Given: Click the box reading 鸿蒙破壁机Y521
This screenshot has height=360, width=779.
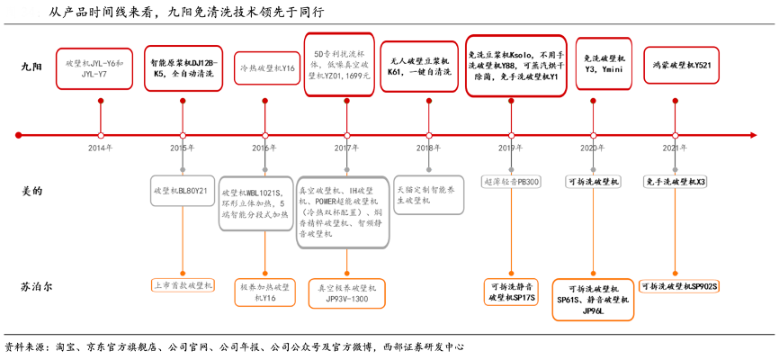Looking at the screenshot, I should click(681, 66).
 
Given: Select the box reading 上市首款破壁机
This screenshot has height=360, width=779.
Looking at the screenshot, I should click(183, 285).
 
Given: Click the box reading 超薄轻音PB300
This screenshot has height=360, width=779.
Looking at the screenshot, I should click(511, 182).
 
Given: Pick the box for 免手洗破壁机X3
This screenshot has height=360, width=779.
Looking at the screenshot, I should click(676, 182).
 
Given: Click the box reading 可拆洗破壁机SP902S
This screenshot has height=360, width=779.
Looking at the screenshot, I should click(679, 286).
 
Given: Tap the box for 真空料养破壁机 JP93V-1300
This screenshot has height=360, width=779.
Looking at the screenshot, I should click(346, 292).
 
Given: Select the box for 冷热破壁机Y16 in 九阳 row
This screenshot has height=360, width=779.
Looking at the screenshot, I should click(264, 68).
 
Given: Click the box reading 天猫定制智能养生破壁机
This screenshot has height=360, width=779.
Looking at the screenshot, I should click(429, 194).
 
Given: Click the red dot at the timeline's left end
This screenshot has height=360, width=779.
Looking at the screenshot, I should click(18, 135).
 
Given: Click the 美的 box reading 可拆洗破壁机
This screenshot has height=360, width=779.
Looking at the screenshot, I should click(594, 182).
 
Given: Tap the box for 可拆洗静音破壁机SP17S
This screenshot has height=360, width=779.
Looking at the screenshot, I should click(511, 292).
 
